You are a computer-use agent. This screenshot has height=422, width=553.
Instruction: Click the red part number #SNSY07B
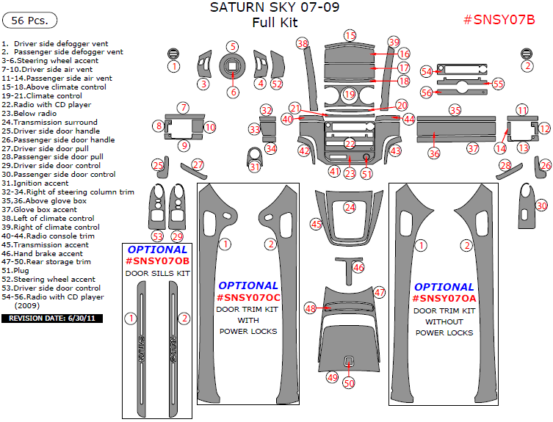(499, 20)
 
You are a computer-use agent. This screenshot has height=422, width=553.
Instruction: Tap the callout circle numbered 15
(350, 35)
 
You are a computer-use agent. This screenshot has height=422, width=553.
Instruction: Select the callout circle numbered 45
(317, 224)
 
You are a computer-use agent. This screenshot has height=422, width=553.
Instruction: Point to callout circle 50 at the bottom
(349, 382)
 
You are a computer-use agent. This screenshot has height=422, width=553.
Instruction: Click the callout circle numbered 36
(434, 154)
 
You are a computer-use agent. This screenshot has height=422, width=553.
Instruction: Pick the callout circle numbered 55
(498, 84)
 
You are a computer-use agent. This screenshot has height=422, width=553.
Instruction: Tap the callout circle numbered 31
(255, 167)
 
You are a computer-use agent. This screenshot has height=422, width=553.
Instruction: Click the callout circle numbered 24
(350, 208)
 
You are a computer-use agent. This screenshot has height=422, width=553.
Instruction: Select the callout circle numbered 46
(358, 268)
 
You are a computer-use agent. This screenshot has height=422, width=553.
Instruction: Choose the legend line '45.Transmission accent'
(45, 244)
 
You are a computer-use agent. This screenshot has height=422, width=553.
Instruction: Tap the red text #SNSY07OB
(157, 261)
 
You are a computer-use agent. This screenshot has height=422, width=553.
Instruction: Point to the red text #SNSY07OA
(444, 299)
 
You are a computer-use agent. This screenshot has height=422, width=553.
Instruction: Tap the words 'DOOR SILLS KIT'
(157, 273)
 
